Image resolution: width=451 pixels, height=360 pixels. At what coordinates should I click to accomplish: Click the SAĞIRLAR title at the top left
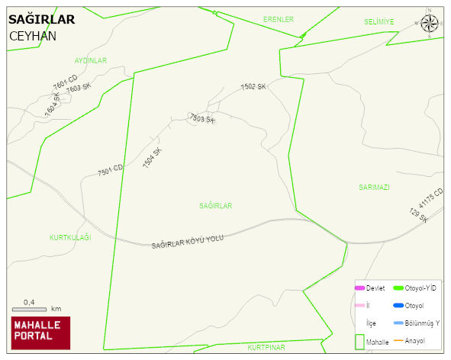(x=41, y=20)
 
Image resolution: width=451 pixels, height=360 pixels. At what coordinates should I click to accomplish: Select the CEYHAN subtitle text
(x=33, y=36)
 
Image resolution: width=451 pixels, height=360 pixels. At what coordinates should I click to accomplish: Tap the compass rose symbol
(x=430, y=25)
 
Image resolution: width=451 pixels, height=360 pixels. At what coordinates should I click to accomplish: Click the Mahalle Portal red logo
(x=40, y=333)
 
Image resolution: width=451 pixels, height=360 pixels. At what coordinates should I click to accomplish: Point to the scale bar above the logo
(x=30, y=309)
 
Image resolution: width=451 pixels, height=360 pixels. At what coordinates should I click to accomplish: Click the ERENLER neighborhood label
(x=279, y=19)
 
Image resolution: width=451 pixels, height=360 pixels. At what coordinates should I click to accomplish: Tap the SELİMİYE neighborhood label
(x=379, y=22)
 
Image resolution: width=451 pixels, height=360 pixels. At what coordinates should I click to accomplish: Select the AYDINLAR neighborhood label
(x=91, y=59)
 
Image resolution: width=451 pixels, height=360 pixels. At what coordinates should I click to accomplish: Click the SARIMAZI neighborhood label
(x=374, y=187)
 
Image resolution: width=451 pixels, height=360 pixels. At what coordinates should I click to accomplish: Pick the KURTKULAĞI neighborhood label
(x=70, y=237)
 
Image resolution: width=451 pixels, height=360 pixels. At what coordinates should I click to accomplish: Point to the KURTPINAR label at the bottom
(x=266, y=347)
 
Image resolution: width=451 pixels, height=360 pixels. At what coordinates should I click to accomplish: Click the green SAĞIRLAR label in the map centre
(x=215, y=206)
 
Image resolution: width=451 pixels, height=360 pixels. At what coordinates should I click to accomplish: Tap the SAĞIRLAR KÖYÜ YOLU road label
(x=188, y=241)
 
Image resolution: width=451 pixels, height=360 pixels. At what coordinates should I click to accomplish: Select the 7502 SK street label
(x=253, y=87)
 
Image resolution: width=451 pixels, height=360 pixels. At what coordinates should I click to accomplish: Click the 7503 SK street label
(x=202, y=119)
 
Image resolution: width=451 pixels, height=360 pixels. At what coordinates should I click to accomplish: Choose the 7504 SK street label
(x=153, y=157)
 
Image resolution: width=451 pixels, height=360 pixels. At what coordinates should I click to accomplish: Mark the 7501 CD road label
(x=110, y=172)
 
